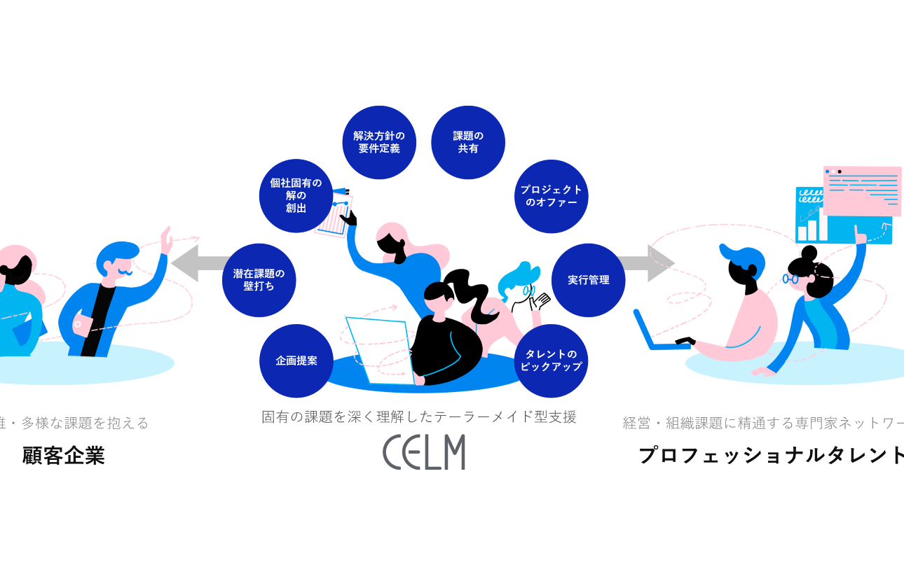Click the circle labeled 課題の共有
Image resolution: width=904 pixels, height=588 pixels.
(x=467, y=143)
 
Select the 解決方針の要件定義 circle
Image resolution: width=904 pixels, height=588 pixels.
(x=379, y=143)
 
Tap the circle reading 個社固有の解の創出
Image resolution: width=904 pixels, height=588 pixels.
(x=296, y=196)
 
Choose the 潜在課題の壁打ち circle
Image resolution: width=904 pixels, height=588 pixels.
(x=259, y=280)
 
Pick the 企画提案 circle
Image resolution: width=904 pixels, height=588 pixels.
(x=296, y=361)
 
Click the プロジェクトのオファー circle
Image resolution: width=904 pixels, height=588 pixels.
(x=552, y=196)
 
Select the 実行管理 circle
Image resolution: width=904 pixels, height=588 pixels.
(x=589, y=280)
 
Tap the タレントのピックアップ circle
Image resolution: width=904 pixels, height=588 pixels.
(x=552, y=361)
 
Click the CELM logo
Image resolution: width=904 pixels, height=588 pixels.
(x=424, y=452)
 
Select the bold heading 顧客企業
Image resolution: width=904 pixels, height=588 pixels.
(x=64, y=456)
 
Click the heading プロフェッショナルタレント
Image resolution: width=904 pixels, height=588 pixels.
(x=771, y=455)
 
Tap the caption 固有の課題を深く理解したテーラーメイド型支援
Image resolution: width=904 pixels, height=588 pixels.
(x=419, y=417)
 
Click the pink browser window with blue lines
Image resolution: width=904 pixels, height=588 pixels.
(x=862, y=189)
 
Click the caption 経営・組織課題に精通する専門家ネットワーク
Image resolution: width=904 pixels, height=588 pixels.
(x=764, y=423)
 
